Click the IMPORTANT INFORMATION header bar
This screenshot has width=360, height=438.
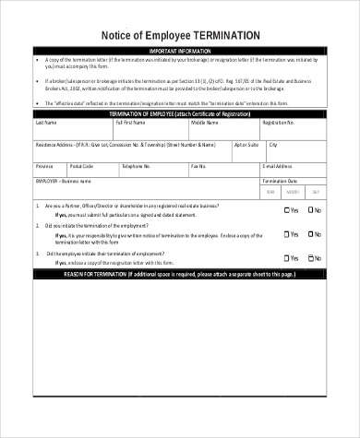180,50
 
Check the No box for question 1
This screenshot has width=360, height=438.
310,210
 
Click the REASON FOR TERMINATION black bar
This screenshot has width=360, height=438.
180,275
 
